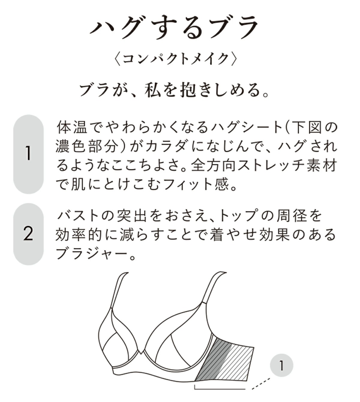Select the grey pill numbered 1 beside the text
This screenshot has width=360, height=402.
pyautogui.click(x=28, y=154)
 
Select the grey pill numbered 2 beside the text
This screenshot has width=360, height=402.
pyautogui.click(x=28, y=234)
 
